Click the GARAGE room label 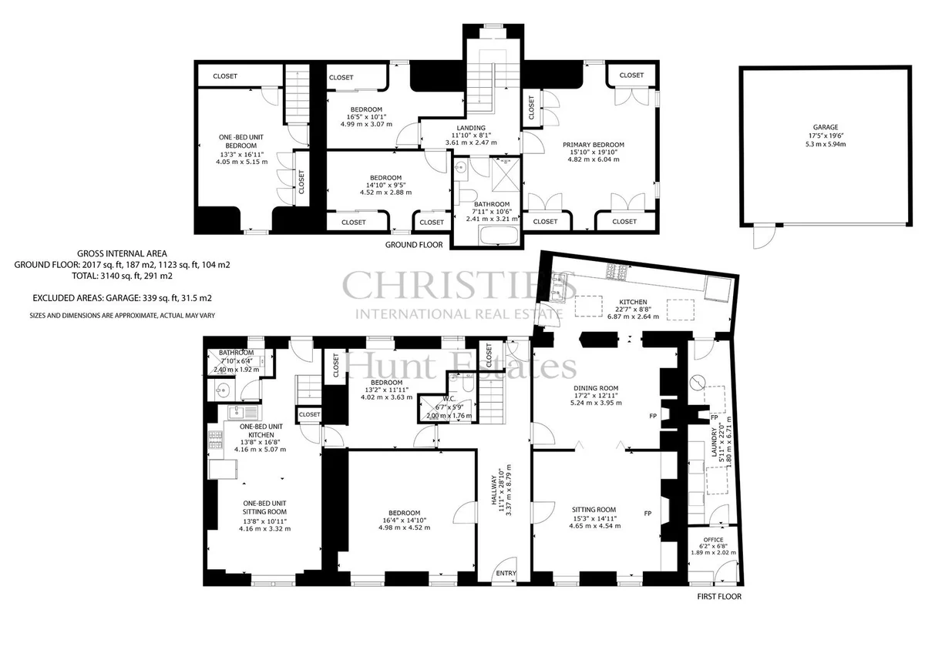coord(826,128)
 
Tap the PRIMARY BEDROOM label coord(594,145)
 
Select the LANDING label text coord(471,128)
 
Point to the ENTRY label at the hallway coord(506,573)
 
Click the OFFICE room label coord(713,540)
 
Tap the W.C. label coord(449,399)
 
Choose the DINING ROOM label coord(595,388)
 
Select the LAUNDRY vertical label coord(714,442)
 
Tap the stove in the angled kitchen coord(617,271)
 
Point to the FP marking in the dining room coord(652,416)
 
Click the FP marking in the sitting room coord(647,514)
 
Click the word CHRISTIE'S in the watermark coord(459,286)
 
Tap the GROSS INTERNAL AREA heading coord(123,253)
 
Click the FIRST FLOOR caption coord(719,597)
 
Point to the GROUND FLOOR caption coord(414,245)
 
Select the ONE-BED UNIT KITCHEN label coord(261,430)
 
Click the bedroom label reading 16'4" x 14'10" coord(404,521)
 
